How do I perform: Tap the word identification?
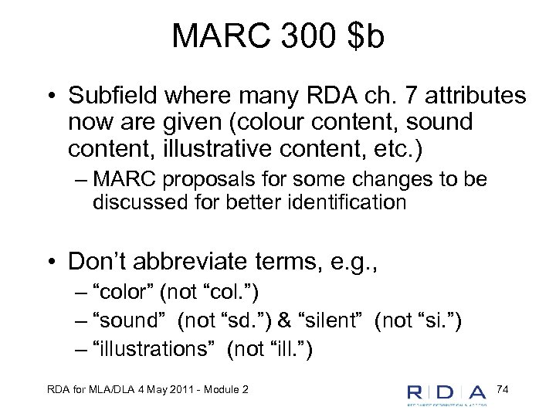[x=344, y=202]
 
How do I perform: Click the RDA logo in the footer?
[x=447, y=393]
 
